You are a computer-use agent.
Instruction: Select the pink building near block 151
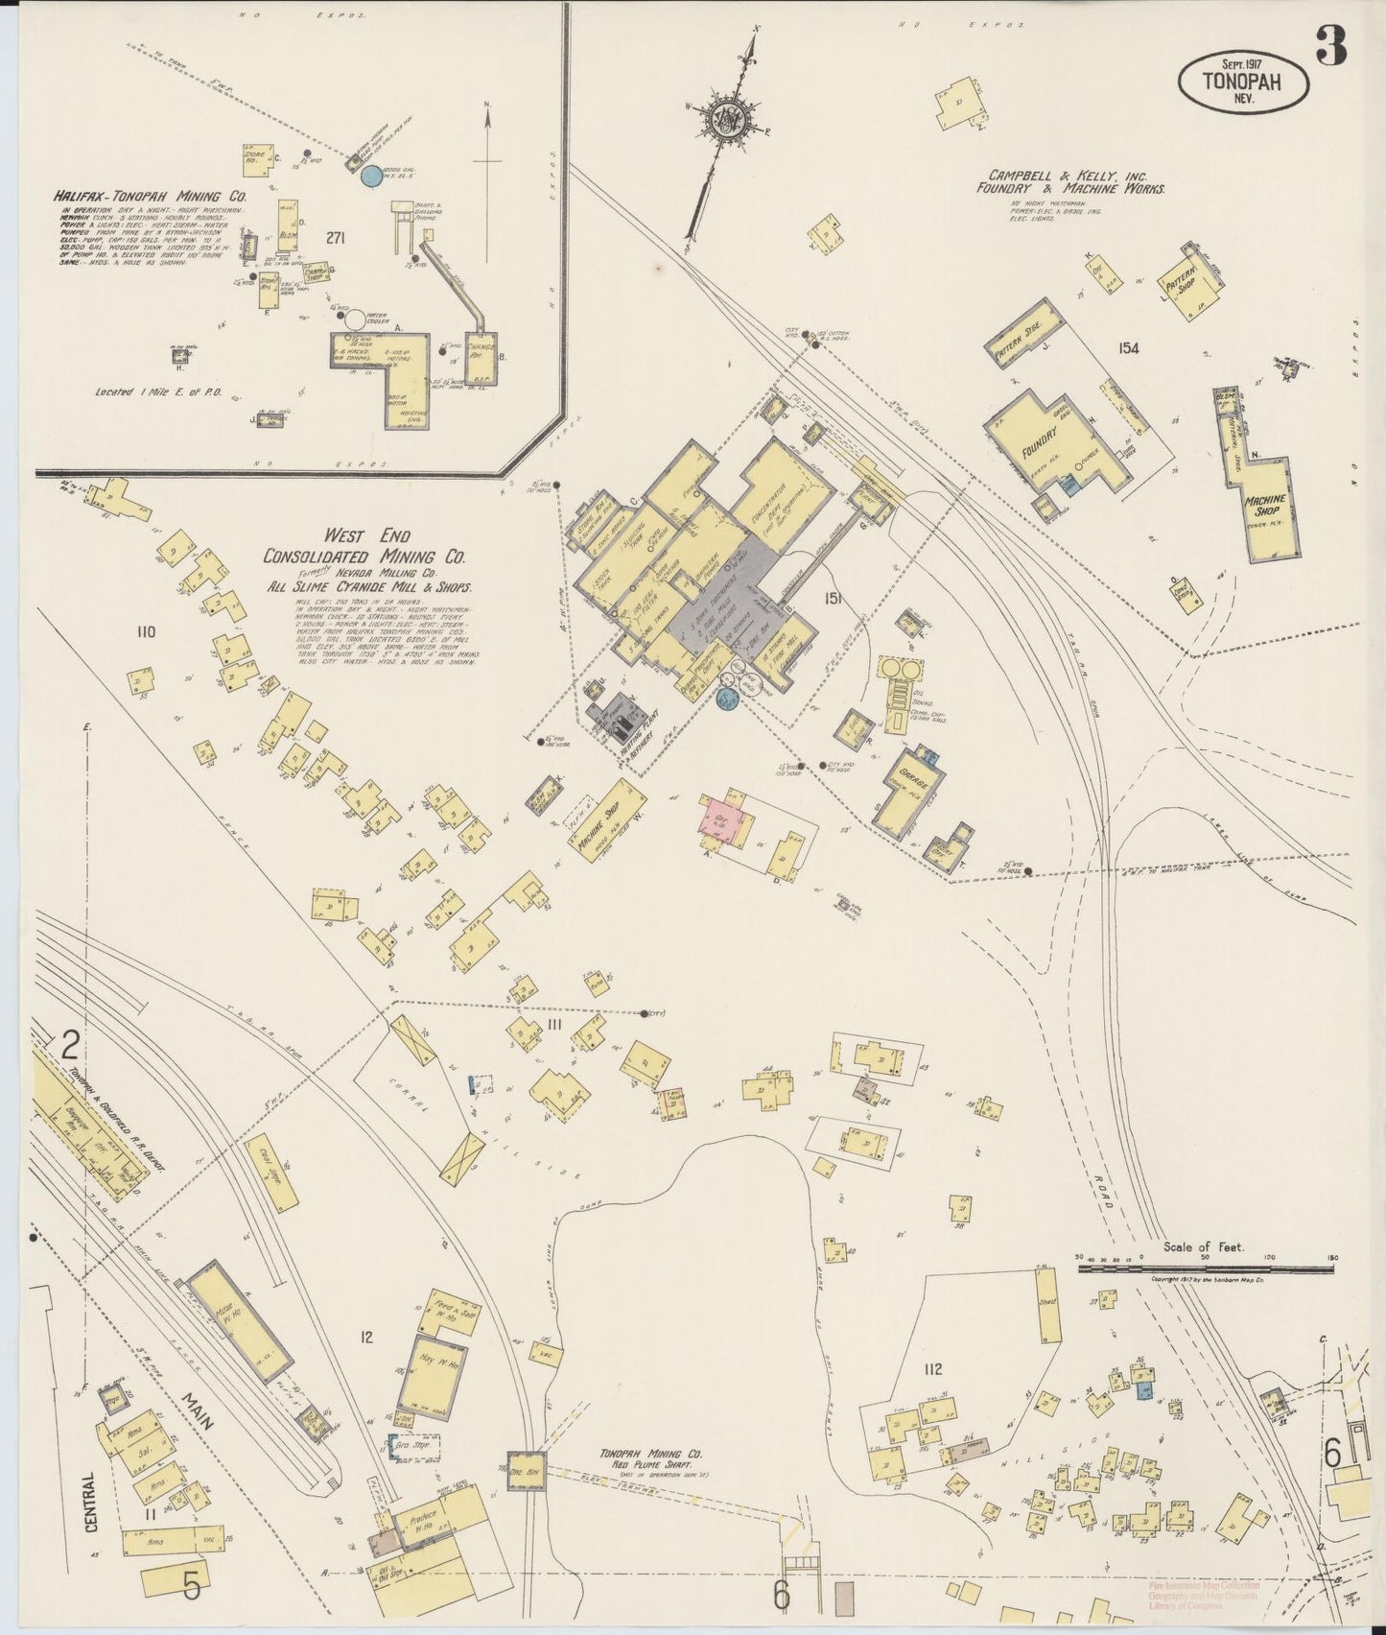click(x=723, y=817)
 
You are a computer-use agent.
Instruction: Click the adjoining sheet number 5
click(x=192, y=1587)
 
